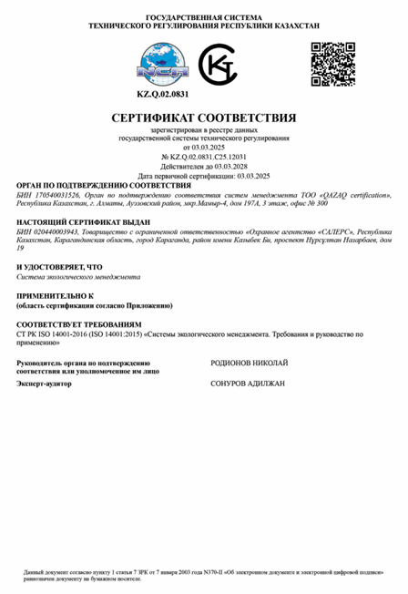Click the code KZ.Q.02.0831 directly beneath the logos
(x=163, y=94)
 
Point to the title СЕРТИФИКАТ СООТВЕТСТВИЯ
(x=204, y=118)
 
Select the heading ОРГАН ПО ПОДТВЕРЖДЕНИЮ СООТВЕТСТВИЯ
(x=88, y=184)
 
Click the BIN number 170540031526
(x=56, y=196)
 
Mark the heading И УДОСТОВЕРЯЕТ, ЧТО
(x=54, y=266)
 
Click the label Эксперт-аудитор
(x=45, y=384)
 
